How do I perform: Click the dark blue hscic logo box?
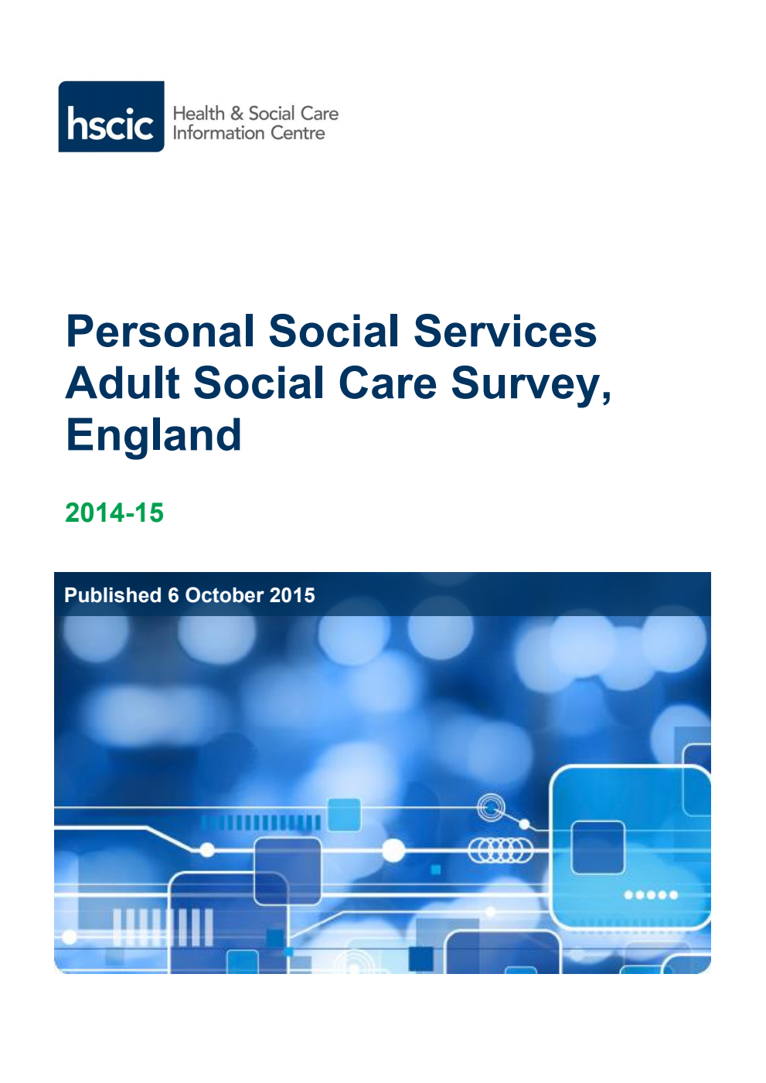pyautogui.click(x=111, y=117)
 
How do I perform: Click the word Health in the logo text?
pyautogui.click(x=199, y=114)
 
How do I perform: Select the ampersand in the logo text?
pyautogui.click(x=237, y=114)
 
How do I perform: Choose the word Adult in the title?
pyautogui.click(x=122, y=383)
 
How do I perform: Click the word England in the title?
pyautogui.click(x=154, y=435)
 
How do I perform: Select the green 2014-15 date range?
pyautogui.click(x=114, y=513)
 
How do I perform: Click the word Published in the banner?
pyautogui.click(x=113, y=595)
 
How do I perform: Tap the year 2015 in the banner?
pyautogui.click(x=293, y=595)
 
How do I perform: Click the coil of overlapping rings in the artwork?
pyautogui.click(x=501, y=851)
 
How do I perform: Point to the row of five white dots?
pyautogui.click(x=651, y=895)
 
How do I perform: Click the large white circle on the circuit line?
pyautogui.click(x=393, y=850)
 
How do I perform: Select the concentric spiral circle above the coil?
pyautogui.click(x=491, y=808)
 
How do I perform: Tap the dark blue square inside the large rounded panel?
pyautogui.click(x=597, y=847)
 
